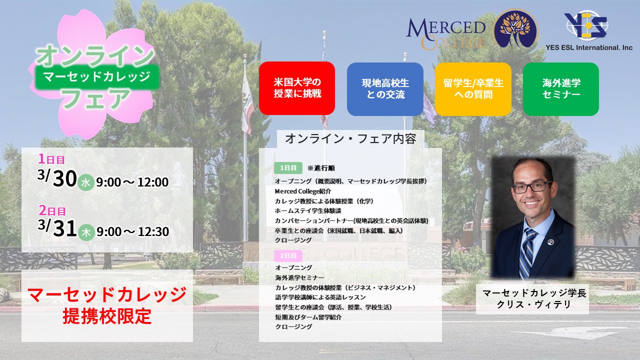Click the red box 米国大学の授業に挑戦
coord(297,88)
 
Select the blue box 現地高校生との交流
coord(385,88)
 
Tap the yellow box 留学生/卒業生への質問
coord(473,88)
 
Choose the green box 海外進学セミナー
coord(561,88)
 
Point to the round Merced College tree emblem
coord(515,29)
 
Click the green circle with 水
coord(85,183)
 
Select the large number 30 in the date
coord(64,180)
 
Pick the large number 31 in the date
coord(64,229)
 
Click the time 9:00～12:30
coord(132,232)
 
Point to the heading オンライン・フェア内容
coord(350,139)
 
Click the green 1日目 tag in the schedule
coord(288,168)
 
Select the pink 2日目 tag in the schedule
coord(288,255)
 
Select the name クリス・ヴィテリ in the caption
coord(533,304)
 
